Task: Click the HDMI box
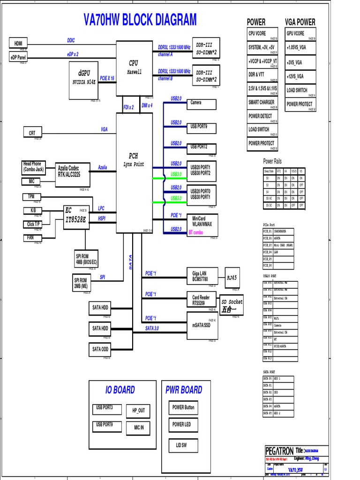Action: pyautogui.click(x=18, y=43)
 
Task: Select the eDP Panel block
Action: pyautogui.click(x=18, y=57)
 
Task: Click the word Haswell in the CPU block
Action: pyautogui.click(x=134, y=72)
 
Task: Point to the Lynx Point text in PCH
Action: pyautogui.click(x=134, y=164)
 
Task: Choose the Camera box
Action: pyautogui.click(x=202, y=103)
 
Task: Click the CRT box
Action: pyautogui.click(x=32, y=133)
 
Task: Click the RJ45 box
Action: pyautogui.click(x=232, y=278)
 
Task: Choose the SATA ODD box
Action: pyautogui.click(x=100, y=349)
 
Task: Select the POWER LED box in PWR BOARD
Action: pyautogui.click(x=183, y=425)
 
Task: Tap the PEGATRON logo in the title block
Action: pyautogui.click(x=279, y=450)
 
